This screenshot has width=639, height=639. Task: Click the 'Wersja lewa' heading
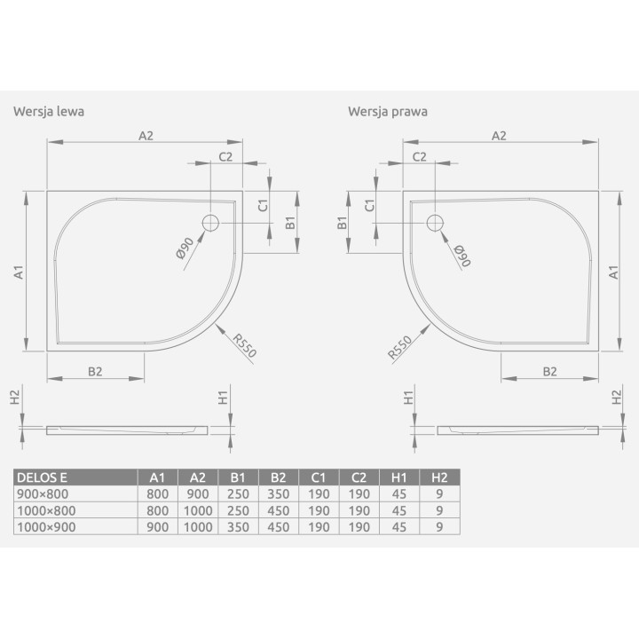49,111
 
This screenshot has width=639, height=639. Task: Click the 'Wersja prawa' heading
388,111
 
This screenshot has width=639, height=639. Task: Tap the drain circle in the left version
210,223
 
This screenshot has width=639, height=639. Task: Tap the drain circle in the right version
435,223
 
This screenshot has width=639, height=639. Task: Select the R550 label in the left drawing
245,345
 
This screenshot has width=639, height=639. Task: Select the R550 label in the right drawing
399,348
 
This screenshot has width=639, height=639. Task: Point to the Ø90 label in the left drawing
185,248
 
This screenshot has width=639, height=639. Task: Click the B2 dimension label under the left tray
95,371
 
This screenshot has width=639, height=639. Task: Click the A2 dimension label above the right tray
499,136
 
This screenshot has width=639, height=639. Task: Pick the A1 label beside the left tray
19,272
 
